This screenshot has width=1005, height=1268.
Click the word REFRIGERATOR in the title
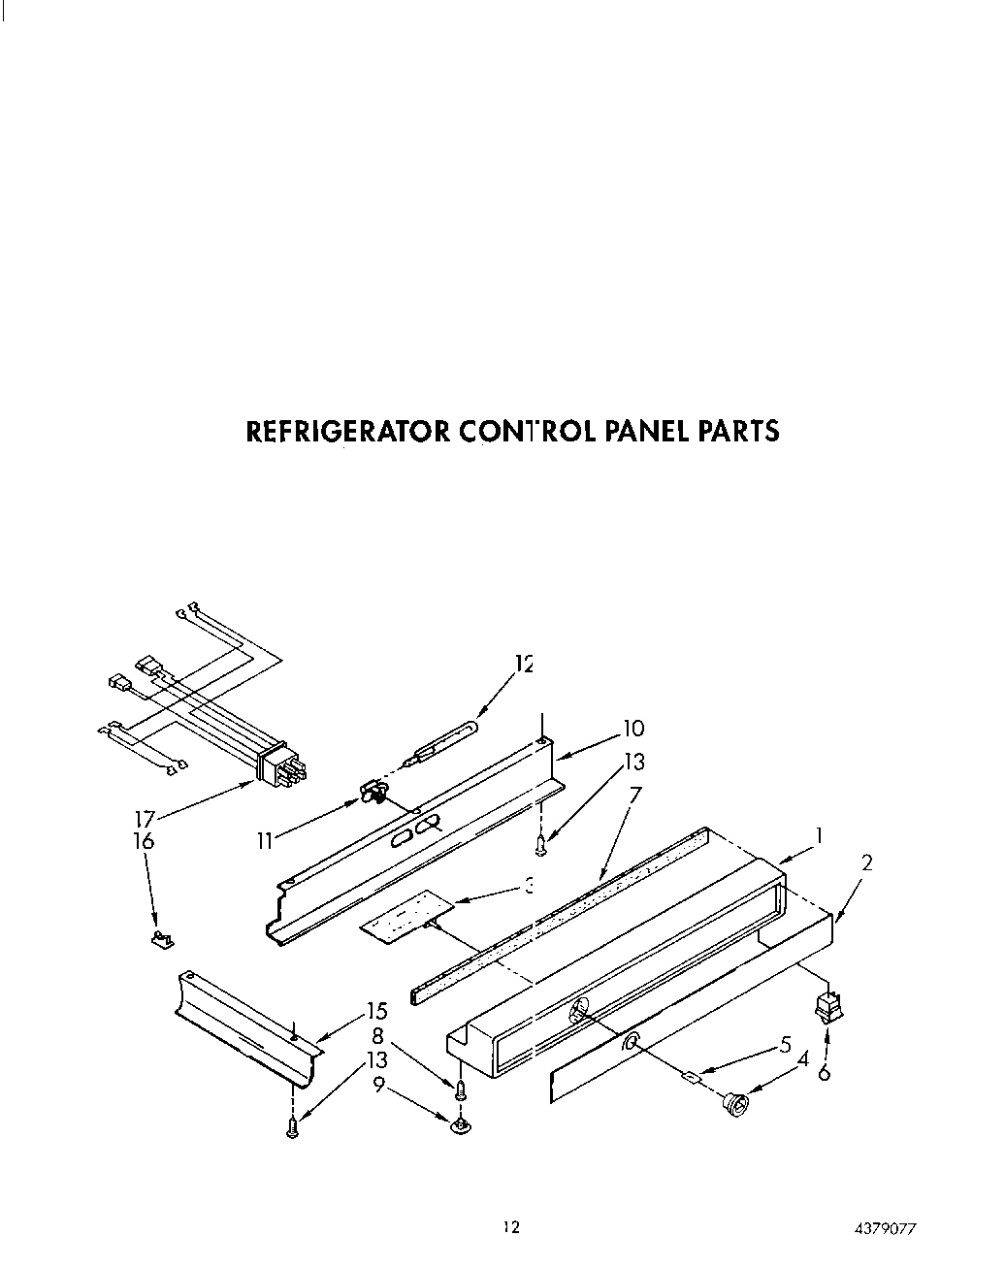click(346, 431)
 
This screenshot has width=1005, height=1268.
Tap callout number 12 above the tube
click(525, 665)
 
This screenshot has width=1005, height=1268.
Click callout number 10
click(632, 729)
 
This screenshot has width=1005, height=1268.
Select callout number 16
click(144, 841)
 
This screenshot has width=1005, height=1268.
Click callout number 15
click(376, 1011)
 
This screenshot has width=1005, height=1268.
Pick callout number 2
click(866, 862)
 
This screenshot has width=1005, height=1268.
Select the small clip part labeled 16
click(161, 938)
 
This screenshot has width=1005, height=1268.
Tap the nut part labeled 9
click(461, 1125)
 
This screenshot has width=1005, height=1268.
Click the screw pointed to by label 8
click(461, 1089)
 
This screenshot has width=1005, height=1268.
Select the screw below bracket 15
click(292, 1127)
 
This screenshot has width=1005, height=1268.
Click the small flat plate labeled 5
click(691, 1075)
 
